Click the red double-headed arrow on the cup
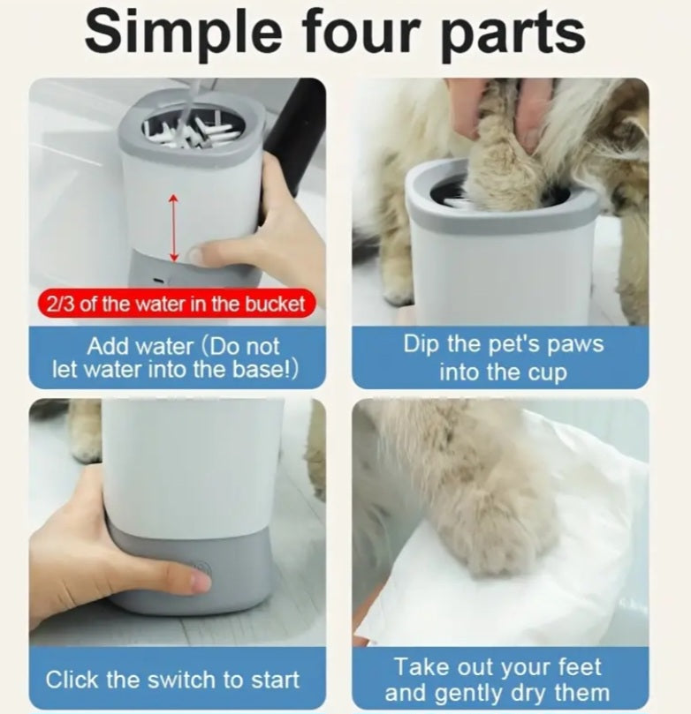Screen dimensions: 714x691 (173, 228)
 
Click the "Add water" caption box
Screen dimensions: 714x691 (176, 357)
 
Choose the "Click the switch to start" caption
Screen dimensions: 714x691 (172, 680)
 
